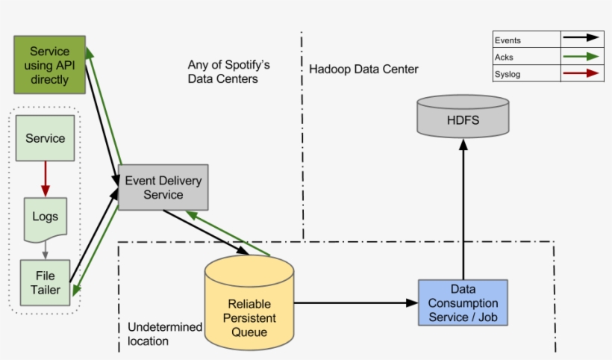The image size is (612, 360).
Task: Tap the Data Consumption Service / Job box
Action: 463,302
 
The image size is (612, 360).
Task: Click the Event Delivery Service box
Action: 163,187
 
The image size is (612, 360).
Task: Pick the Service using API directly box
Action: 49,65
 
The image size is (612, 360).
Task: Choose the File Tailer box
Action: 46,282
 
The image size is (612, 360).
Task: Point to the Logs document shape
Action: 45,218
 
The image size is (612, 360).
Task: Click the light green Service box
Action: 46,138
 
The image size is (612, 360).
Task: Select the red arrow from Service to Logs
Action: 46,179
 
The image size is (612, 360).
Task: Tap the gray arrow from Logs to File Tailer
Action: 46,249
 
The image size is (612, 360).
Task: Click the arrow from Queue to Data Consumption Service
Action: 355,303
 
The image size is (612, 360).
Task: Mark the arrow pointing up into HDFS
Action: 463,209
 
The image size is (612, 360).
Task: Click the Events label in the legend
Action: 508,40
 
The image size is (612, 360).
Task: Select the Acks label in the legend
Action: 505,57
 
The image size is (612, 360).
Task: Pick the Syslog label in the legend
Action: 508,73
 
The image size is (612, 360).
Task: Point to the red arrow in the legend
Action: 582,73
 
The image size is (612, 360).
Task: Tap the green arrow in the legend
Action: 582,57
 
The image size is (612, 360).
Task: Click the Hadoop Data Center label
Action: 363,69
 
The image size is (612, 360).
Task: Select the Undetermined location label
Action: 164,334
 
